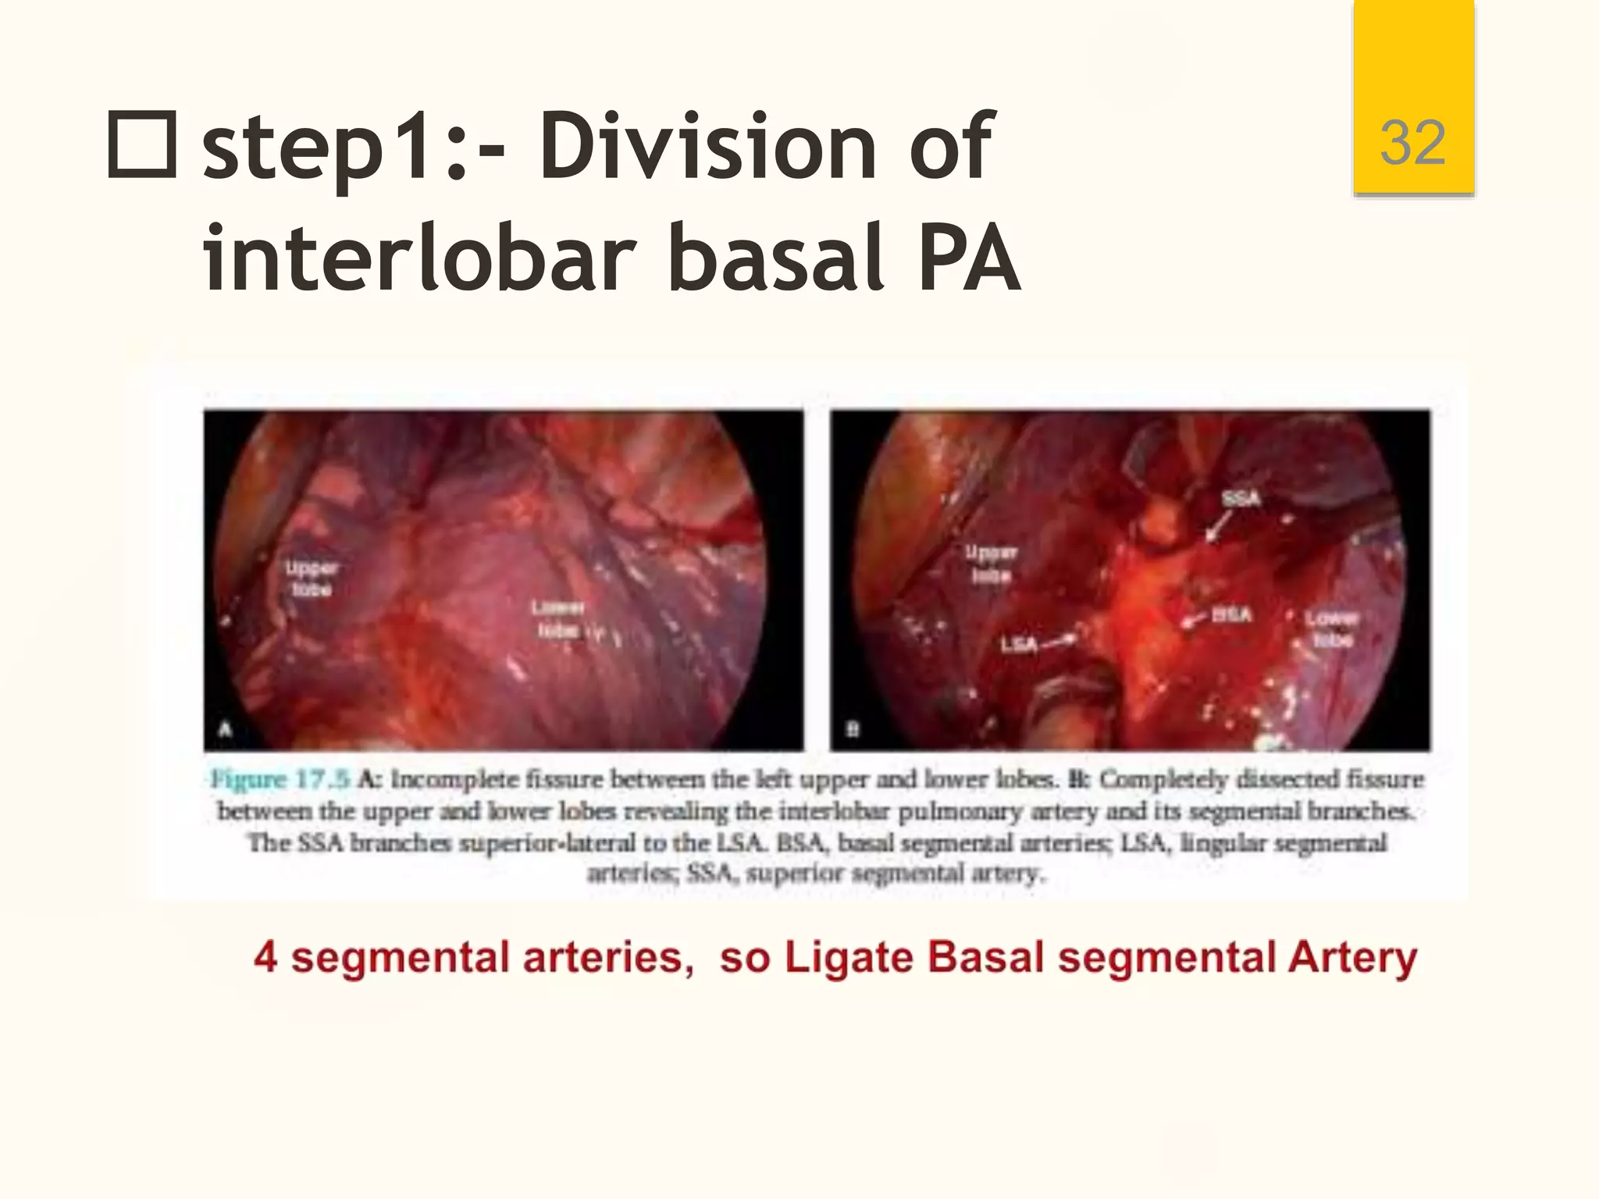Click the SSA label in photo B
pyautogui.click(x=1241, y=498)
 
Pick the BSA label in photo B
pyautogui.click(x=1232, y=614)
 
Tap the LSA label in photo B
pyautogui.click(x=1019, y=645)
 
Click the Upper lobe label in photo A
pyautogui.click(x=312, y=578)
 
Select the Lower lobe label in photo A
pyautogui.click(x=558, y=618)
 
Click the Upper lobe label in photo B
pyautogui.click(x=992, y=564)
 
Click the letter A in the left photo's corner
pyautogui.click(x=226, y=729)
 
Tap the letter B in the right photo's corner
pyautogui.click(x=853, y=730)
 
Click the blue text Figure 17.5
pyautogui.click(x=280, y=779)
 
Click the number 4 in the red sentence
pyautogui.click(x=265, y=958)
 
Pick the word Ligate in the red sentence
pyautogui.click(x=849, y=958)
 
